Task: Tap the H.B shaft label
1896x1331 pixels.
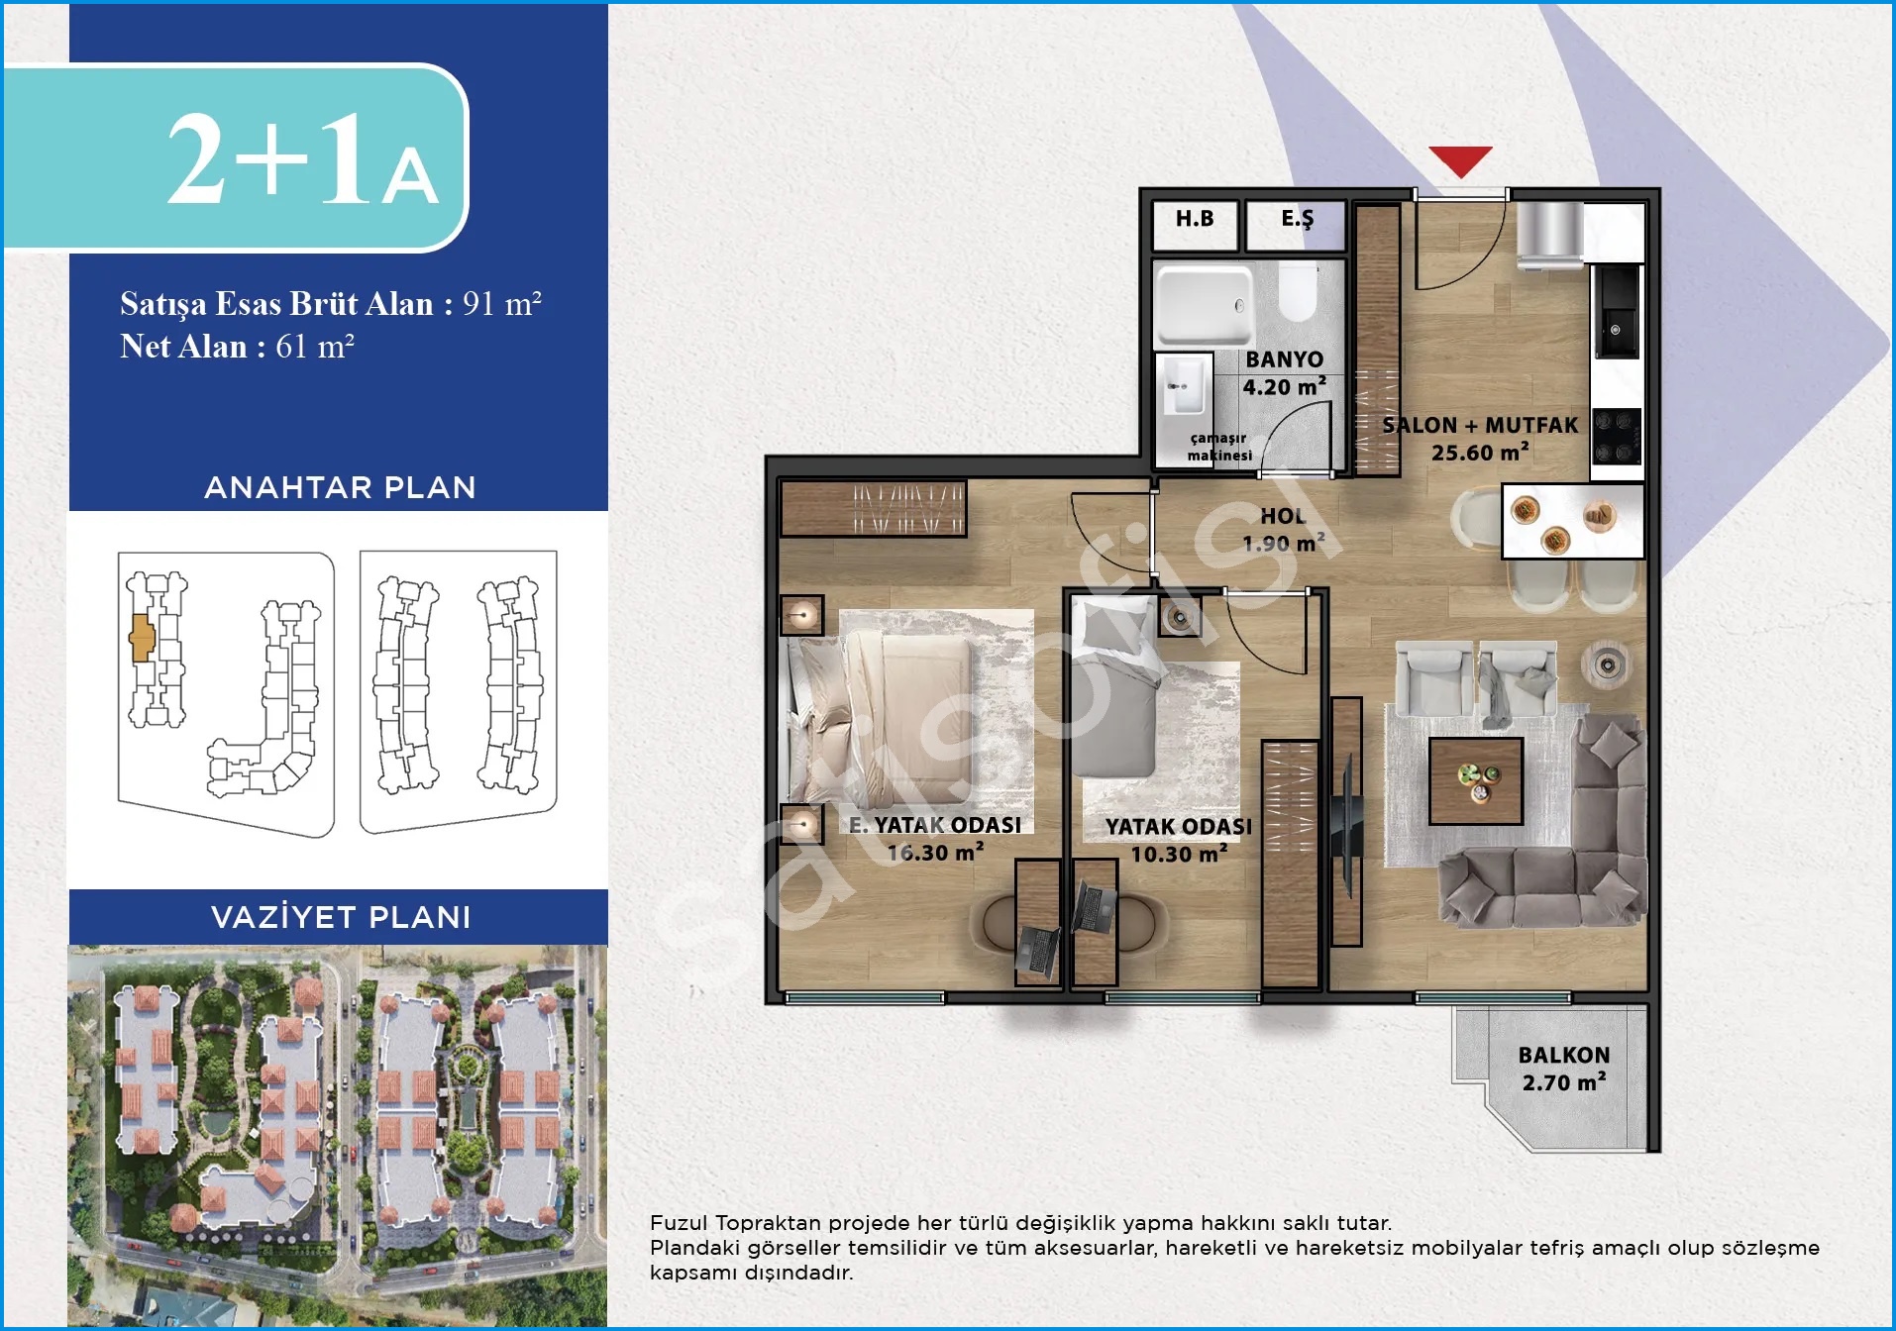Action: click(x=1195, y=219)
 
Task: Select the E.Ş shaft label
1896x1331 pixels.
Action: click(x=1297, y=219)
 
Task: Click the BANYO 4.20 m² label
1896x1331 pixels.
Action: click(x=1285, y=373)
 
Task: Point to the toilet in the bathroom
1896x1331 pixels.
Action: click(x=1297, y=292)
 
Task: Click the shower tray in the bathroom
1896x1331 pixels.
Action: click(x=1205, y=305)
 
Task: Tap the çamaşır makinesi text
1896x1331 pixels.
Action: click(x=1219, y=447)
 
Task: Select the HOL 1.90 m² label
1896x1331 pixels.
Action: click(x=1284, y=530)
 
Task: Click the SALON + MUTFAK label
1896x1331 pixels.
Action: click(x=1480, y=426)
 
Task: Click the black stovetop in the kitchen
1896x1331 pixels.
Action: click(x=1617, y=437)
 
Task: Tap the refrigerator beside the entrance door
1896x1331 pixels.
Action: click(x=1550, y=236)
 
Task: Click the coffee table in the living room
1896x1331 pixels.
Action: click(x=1476, y=780)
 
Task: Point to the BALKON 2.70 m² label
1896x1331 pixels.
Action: click(x=1564, y=1070)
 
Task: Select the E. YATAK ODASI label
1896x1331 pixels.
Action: click(x=935, y=825)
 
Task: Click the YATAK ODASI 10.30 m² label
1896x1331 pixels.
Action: click(x=1179, y=840)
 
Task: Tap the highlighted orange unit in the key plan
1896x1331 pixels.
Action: click(x=142, y=637)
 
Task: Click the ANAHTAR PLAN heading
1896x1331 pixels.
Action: click(x=340, y=487)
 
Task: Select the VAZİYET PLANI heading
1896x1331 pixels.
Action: click(x=341, y=917)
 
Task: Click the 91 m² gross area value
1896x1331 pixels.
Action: click(x=502, y=303)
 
